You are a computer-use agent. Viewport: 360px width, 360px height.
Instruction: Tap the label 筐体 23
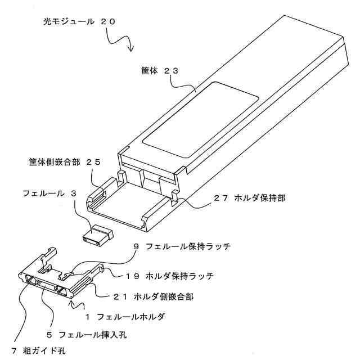pos(159,71)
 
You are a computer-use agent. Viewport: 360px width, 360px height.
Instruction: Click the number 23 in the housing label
pos(171,71)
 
